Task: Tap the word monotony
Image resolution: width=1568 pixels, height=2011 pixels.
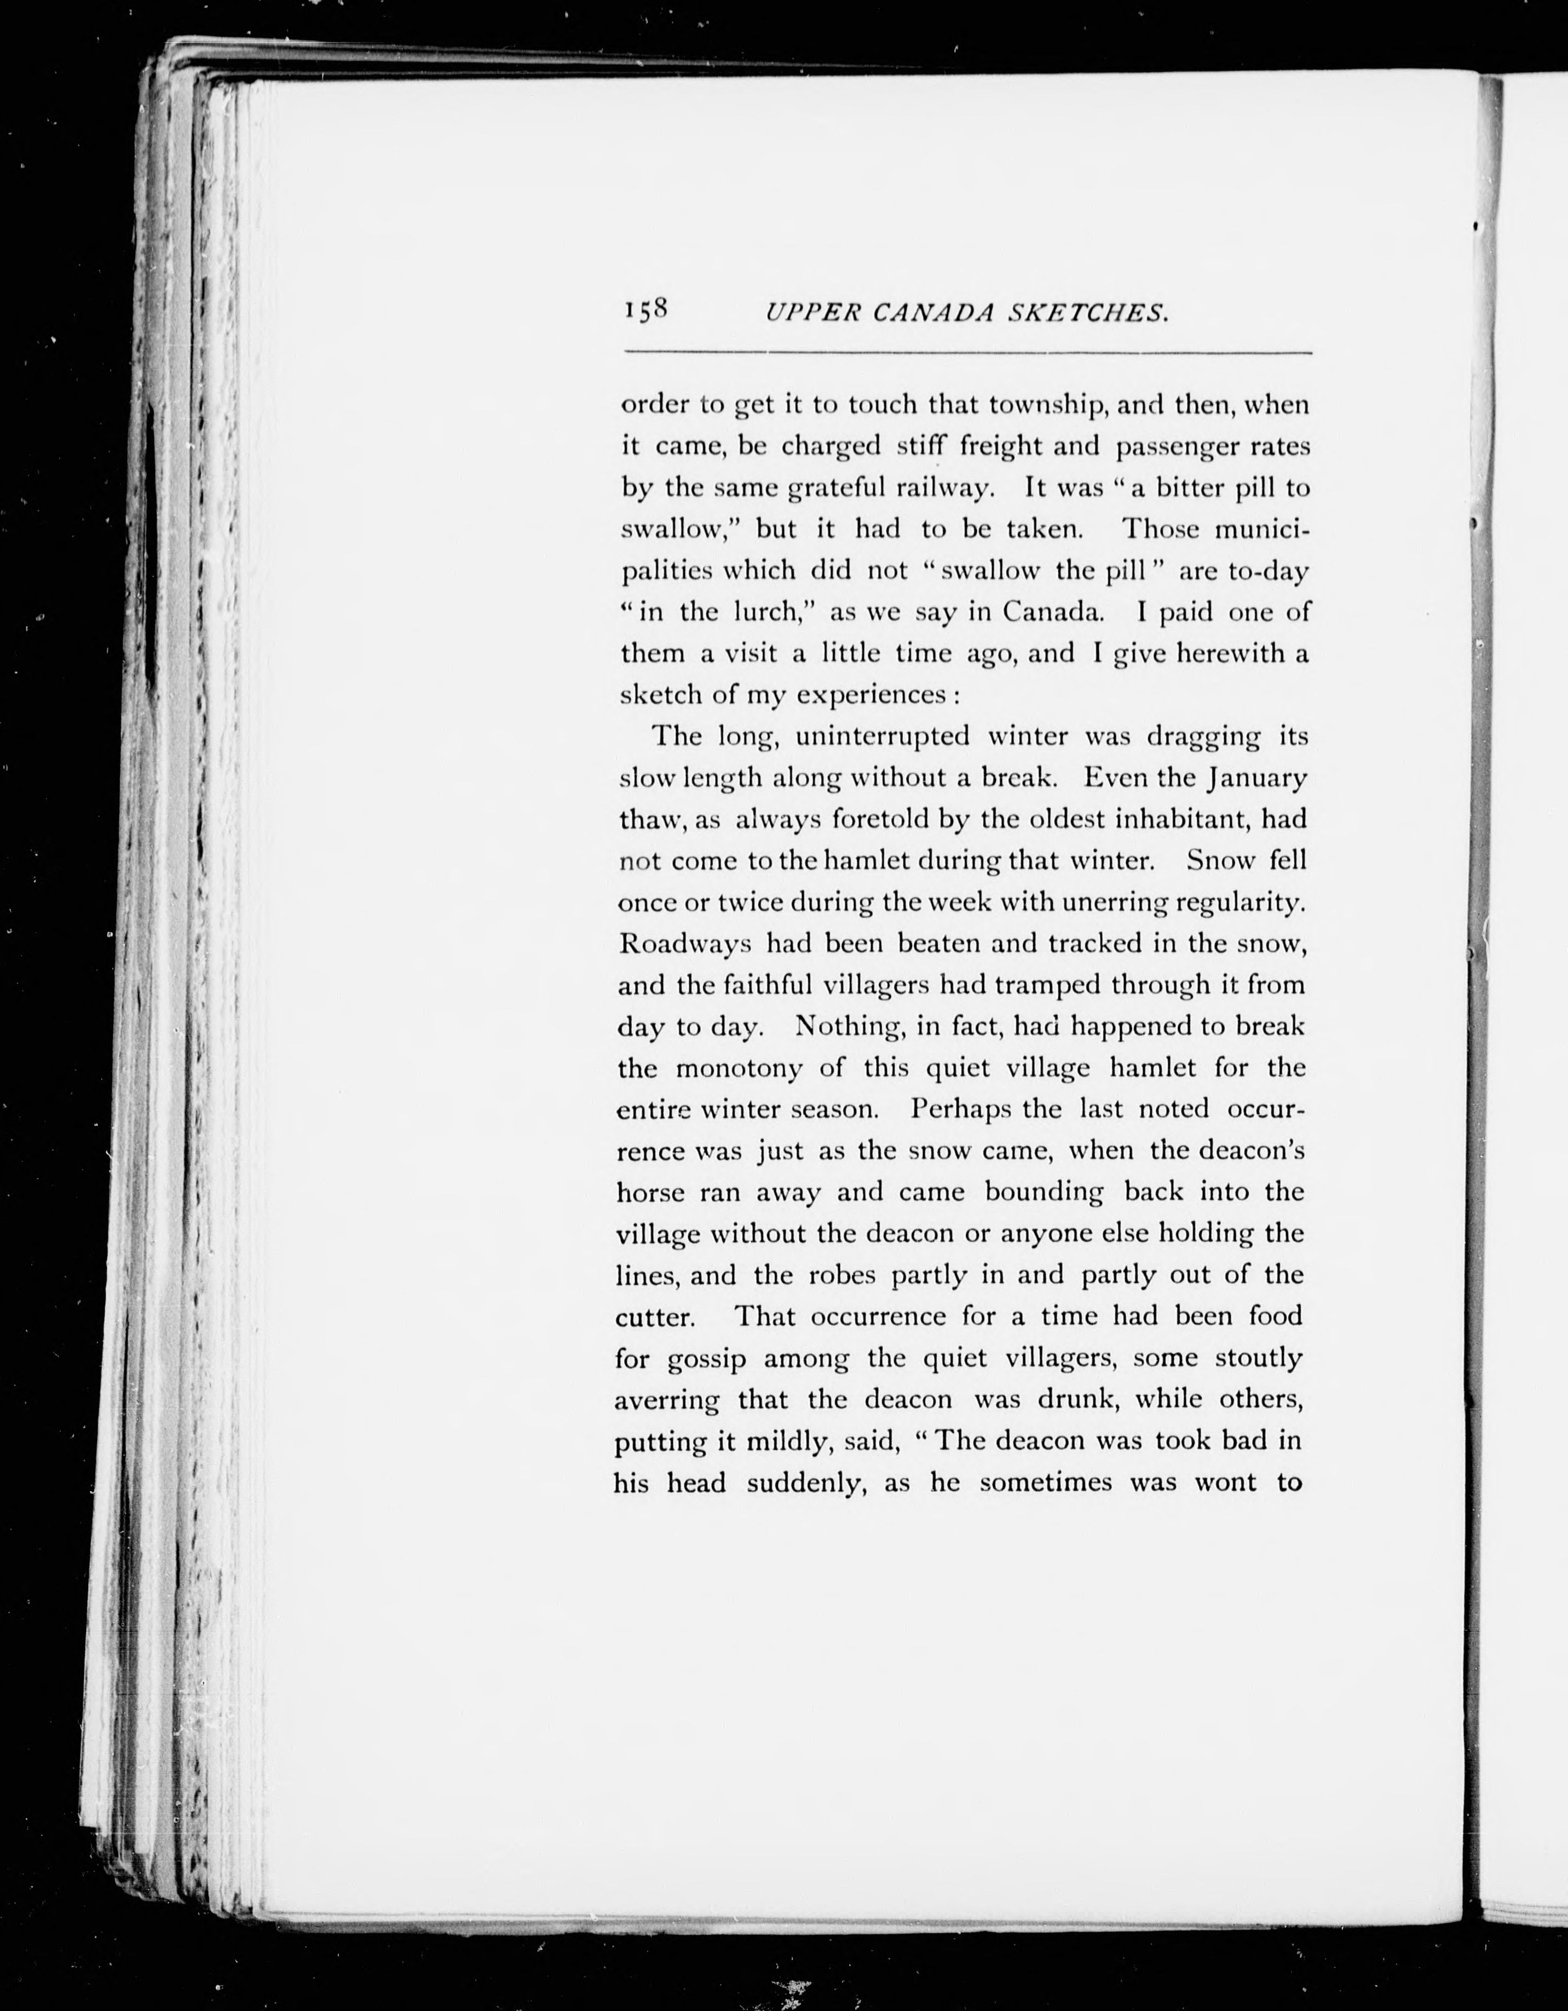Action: pos(739,1068)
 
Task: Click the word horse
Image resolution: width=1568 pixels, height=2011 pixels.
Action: pos(650,1192)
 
